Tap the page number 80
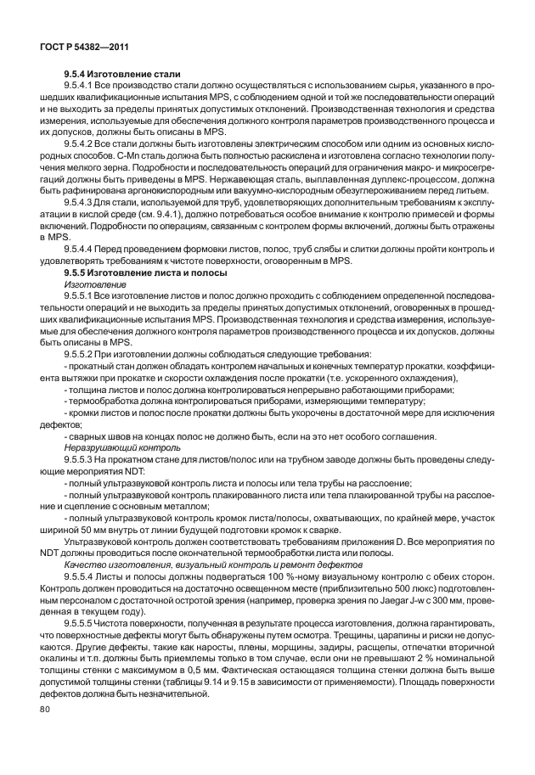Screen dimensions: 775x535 point(44,732)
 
